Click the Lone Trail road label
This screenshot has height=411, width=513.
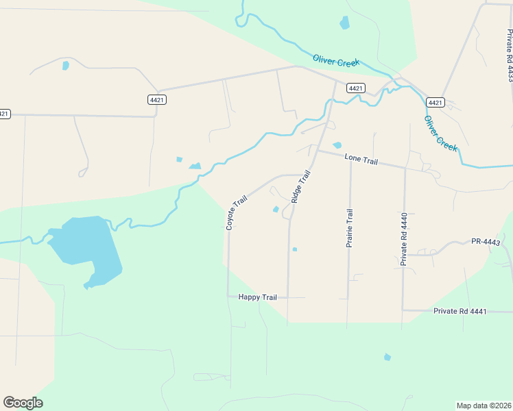pyautogui.click(x=361, y=159)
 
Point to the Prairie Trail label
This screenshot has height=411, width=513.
pyautogui.click(x=350, y=228)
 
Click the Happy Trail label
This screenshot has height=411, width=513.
pyautogui.click(x=257, y=297)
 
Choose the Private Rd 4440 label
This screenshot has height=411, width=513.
pyautogui.click(x=405, y=239)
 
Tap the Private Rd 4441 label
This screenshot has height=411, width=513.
pyautogui.click(x=460, y=312)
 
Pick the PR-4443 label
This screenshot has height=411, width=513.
pyautogui.click(x=486, y=242)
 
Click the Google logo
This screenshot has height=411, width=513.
pyautogui.click(x=23, y=403)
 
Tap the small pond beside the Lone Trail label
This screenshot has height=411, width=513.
pyautogui.click(x=337, y=145)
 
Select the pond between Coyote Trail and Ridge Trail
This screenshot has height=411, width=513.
pyautogui.click(x=276, y=210)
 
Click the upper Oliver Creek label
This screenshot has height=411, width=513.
pyautogui.click(x=336, y=61)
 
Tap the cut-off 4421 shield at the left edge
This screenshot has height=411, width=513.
pyautogui.click(x=4, y=114)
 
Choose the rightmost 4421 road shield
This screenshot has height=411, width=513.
pyautogui.click(x=435, y=102)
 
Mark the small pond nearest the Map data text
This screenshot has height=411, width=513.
pyautogui.click(x=387, y=357)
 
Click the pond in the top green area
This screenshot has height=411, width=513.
pyautogui.click(x=344, y=23)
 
